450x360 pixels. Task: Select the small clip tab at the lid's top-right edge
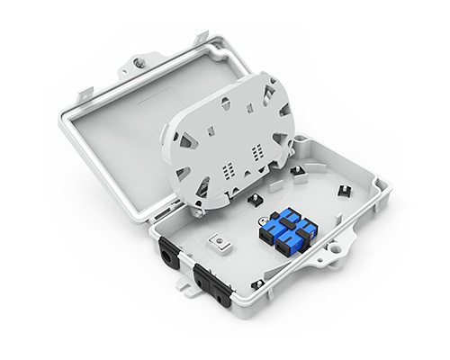(202, 37)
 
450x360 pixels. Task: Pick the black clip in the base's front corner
(259, 283)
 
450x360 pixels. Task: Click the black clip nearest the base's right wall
(344, 190)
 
